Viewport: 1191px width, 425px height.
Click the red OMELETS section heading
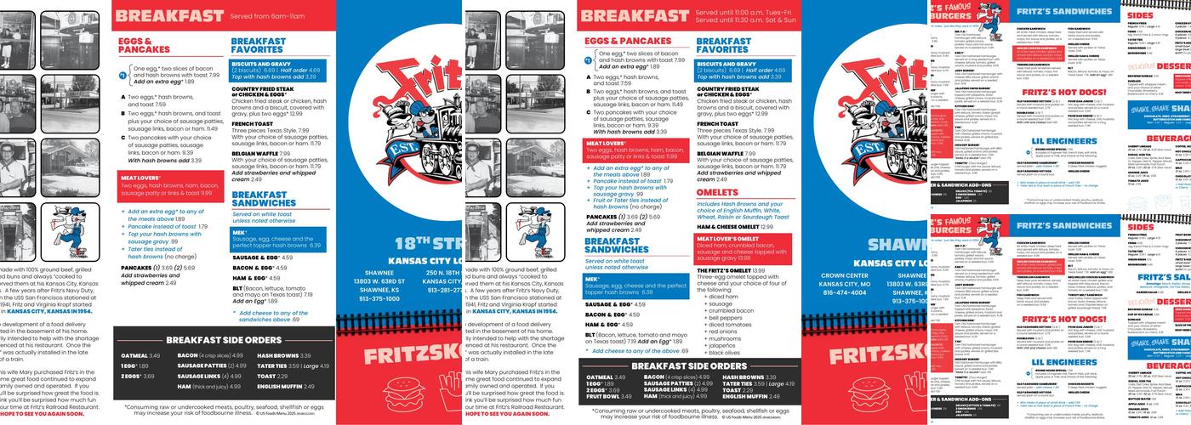point(718,193)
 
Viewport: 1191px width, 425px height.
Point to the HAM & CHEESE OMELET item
point(734,227)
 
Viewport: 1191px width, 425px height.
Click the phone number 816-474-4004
point(845,292)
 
